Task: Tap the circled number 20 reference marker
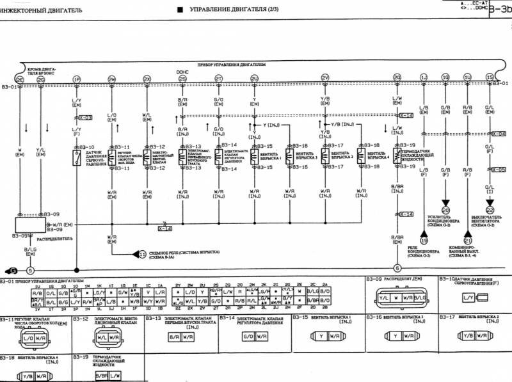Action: (445, 209)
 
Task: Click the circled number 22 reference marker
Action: (490, 209)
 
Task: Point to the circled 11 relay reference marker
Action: (143, 253)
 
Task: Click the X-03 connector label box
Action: (85, 118)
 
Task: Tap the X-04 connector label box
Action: (499, 134)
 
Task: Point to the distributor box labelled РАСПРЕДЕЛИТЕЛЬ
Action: (31, 226)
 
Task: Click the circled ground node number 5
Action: (29, 270)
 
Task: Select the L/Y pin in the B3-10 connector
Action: (468, 298)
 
